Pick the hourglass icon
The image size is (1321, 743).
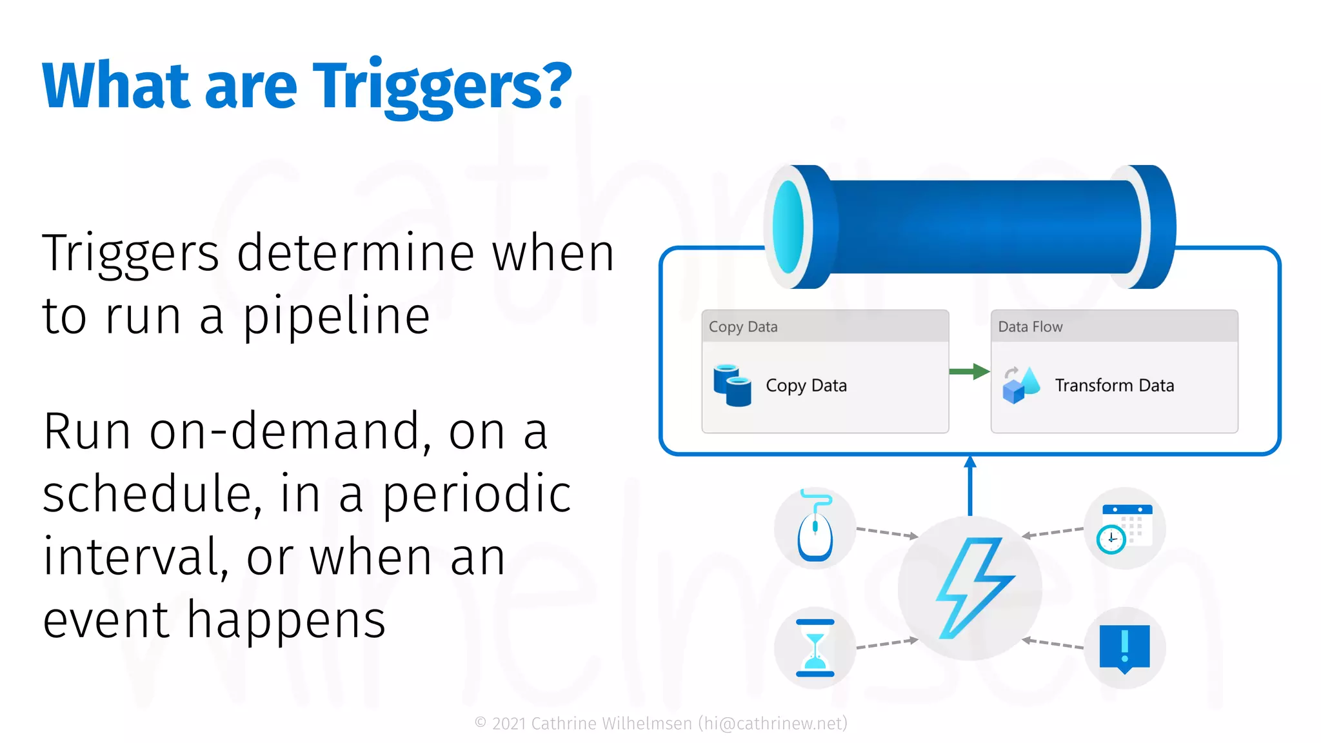[x=815, y=648]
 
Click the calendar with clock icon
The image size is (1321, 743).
[x=1126, y=528]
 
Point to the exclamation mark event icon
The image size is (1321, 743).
[x=1125, y=648]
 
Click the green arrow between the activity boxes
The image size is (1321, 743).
[x=969, y=371]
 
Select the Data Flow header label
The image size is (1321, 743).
[x=1030, y=327]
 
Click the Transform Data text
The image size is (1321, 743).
[x=1114, y=386]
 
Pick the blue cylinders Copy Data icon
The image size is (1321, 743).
[x=732, y=386]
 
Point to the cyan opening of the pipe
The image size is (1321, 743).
[x=788, y=227]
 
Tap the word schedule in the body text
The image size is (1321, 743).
[x=152, y=494]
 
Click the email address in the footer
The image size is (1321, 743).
[x=773, y=724]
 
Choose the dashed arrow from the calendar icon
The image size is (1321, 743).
[x=1054, y=533]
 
